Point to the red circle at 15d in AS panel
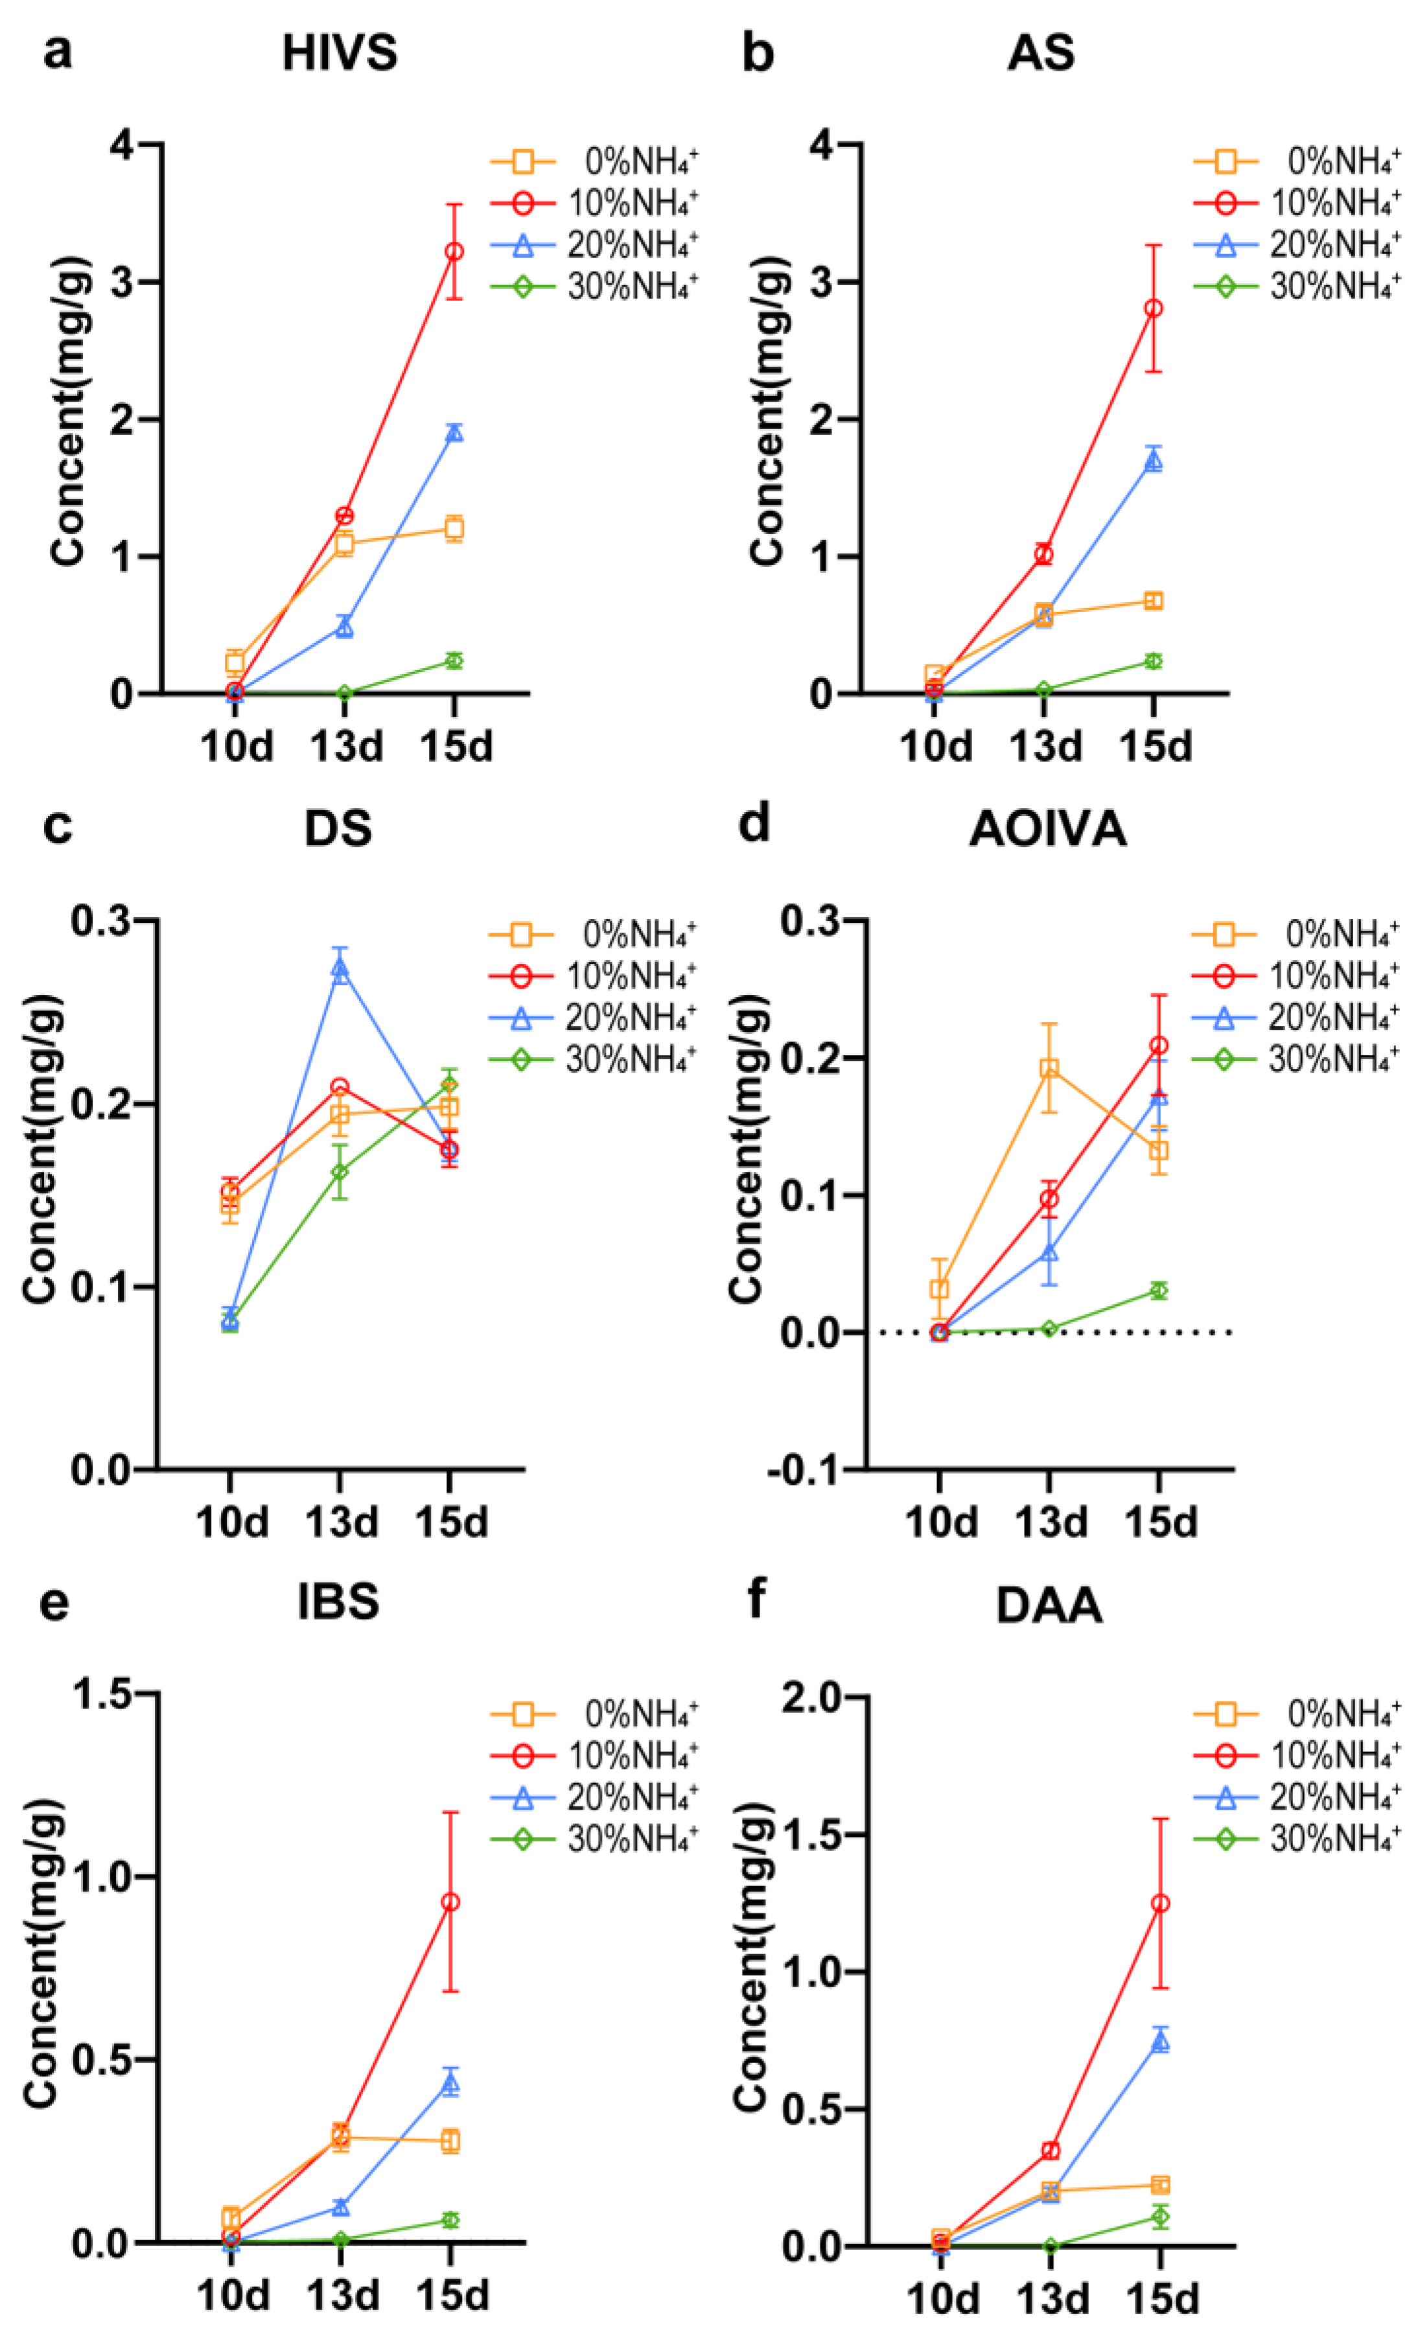click(x=1153, y=308)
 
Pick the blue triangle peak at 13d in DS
click(x=339, y=969)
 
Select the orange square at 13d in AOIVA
click(x=1049, y=1069)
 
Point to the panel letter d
click(x=754, y=823)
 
